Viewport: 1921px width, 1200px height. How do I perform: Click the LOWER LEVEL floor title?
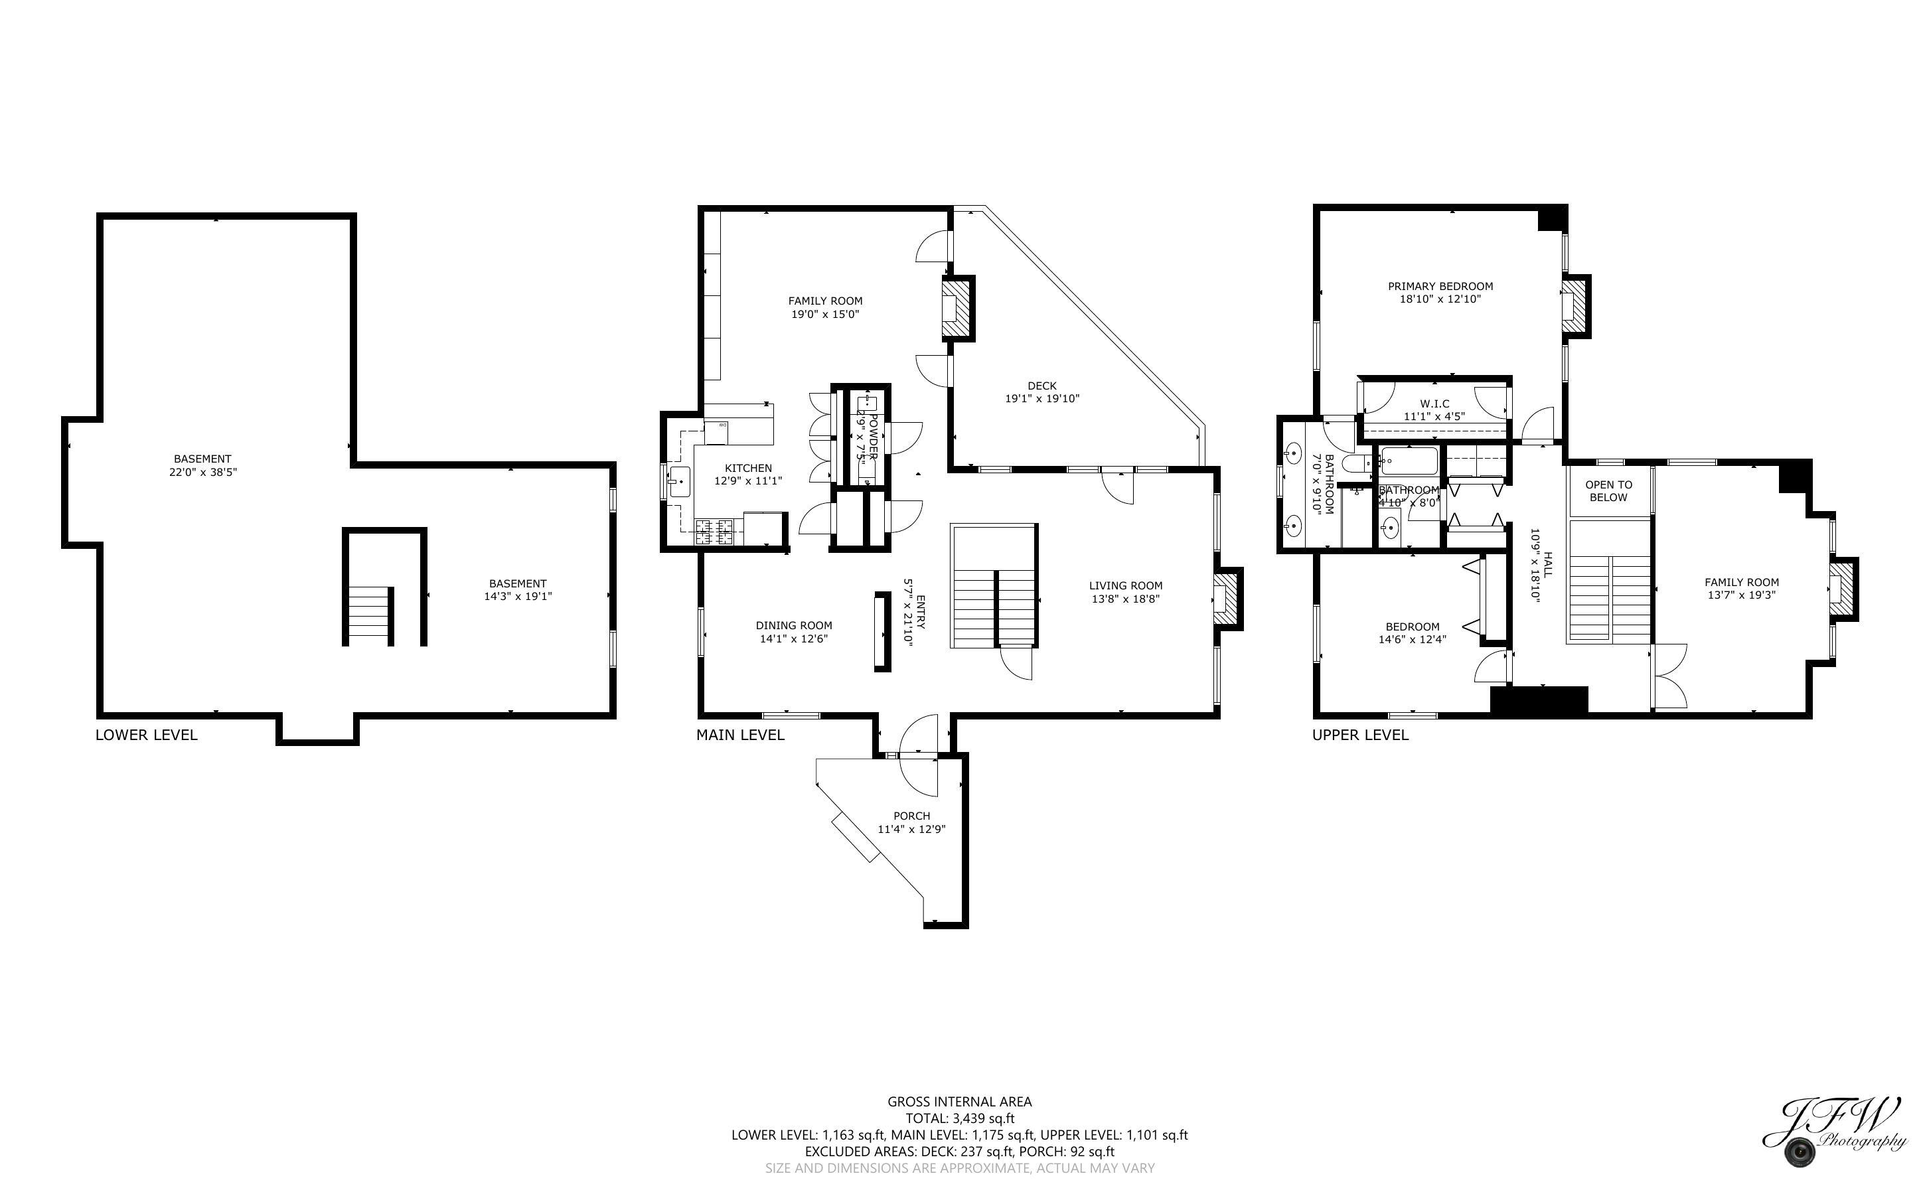coord(146,735)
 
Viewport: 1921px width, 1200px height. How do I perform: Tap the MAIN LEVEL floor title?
coord(739,735)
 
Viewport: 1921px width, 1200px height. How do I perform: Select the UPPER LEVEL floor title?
coord(1360,735)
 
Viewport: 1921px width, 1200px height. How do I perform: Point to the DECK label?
coord(1042,386)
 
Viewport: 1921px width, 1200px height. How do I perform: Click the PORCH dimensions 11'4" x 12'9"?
coord(911,830)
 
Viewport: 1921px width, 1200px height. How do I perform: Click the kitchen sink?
coord(679,482)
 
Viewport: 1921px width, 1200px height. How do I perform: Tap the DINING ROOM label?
coord(793,625)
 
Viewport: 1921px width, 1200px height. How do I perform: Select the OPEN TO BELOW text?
coord(1608,490)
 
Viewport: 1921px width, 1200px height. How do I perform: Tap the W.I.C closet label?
coord(1434,403)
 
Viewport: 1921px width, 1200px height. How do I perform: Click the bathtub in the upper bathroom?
coord(1409,461)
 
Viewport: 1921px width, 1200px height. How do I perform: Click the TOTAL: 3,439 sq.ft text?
coord(959,1118)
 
